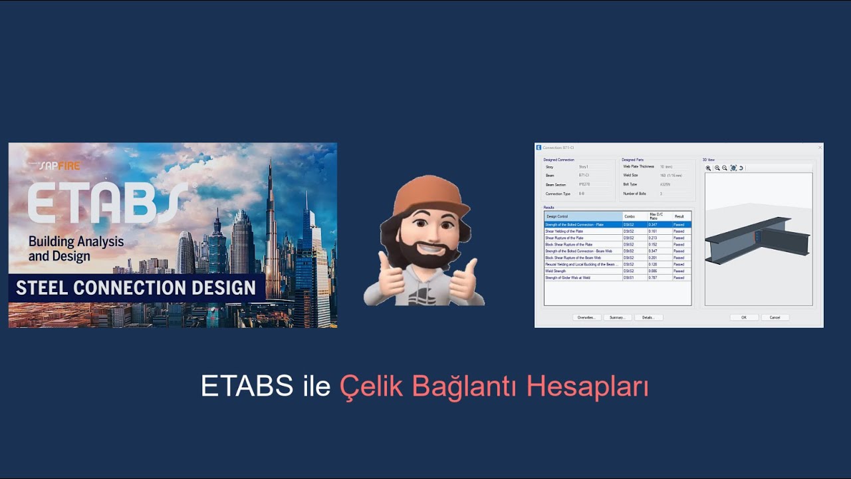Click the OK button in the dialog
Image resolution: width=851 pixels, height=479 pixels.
point(744,317)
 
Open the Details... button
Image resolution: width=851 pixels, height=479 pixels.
point(648,317)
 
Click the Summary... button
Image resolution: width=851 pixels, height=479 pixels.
point(618,317)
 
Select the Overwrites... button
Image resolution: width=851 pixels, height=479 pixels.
point(586,317)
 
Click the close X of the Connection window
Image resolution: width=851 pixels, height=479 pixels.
point(820,147)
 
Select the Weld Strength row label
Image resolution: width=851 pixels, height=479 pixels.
point(556,271)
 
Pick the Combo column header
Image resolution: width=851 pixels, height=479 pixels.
point(630,216)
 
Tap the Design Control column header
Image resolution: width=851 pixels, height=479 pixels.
point(557,216)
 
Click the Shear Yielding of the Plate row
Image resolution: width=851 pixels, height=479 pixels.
point(564,231)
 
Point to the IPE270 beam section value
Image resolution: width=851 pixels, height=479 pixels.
point(584,184)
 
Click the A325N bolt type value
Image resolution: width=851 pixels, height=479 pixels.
point(666,184)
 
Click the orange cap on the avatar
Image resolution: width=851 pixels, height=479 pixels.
point(425,193)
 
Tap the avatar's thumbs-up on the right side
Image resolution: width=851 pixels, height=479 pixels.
point(463,279)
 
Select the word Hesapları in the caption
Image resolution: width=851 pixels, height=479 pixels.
point(587,386)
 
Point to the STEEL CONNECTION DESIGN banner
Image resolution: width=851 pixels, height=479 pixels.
point(136,288)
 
